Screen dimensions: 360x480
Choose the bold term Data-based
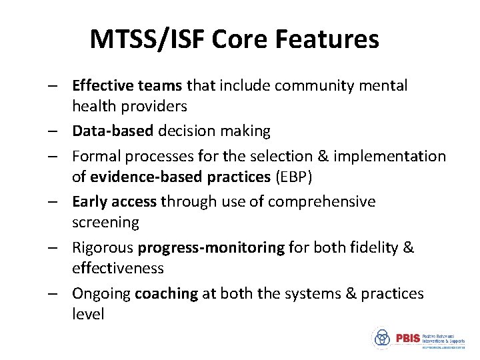pyautogui.click(x=113, y=131)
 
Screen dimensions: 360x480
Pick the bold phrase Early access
pyautogui.click(x=114, y=201)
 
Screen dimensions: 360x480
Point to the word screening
pyautogui.click(x=105, y=222)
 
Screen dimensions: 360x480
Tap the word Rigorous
pyautogui.click(x=103, y=247)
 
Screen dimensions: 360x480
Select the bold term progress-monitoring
pyautogui.click(x=211, y=247)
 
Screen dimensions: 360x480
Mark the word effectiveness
pyautogui.click(x=118, y=268)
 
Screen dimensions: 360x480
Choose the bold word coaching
pyautogui.click(x=166, y=293)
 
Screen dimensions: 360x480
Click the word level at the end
pyautogui.click(x=88, y=314)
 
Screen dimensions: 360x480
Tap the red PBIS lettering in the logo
pyautogui.click(x=407, y=338)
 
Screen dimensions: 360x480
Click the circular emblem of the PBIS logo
pyautogui.click(x=383, y=338)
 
